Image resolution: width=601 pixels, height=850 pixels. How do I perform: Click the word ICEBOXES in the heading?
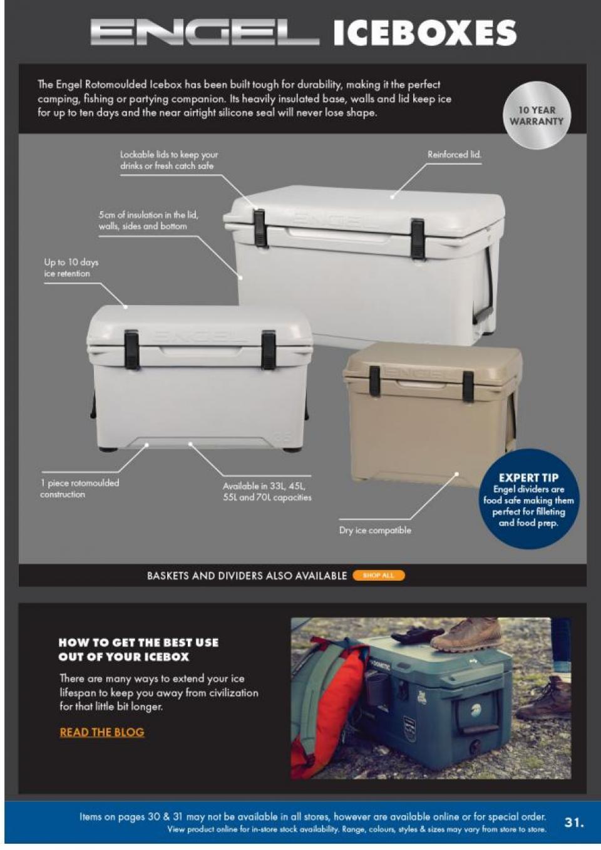tap(424, 33)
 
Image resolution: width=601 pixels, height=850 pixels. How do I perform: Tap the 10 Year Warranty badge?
tap(537, 116)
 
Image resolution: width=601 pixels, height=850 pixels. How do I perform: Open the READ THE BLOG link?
tap(102, 732)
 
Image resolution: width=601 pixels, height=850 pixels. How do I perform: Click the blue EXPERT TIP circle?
tap(529, 499)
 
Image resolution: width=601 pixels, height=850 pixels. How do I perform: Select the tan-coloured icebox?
tap(432, 407)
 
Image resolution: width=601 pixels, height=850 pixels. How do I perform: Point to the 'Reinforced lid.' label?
tap(454, 154)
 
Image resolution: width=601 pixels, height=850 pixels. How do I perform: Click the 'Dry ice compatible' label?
tap(375, 530)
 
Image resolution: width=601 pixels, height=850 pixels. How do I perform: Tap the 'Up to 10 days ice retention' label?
tap(71, 267)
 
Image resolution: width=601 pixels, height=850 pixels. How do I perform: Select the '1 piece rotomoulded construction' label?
tap(80, 489)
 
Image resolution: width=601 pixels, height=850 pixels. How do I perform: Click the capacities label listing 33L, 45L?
tap(267, 492)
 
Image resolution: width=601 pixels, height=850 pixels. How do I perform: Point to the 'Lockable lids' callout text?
tap(169, 160)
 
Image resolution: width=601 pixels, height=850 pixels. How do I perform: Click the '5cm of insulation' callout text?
tap(148, 220)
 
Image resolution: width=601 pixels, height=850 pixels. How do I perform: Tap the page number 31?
tap(573, 822)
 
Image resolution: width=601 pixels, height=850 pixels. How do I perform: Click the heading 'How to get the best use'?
tap(138, 650)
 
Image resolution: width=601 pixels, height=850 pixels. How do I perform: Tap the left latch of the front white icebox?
tap(131, 350)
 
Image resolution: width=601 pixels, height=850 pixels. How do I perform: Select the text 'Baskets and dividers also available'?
tap(247, 576)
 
